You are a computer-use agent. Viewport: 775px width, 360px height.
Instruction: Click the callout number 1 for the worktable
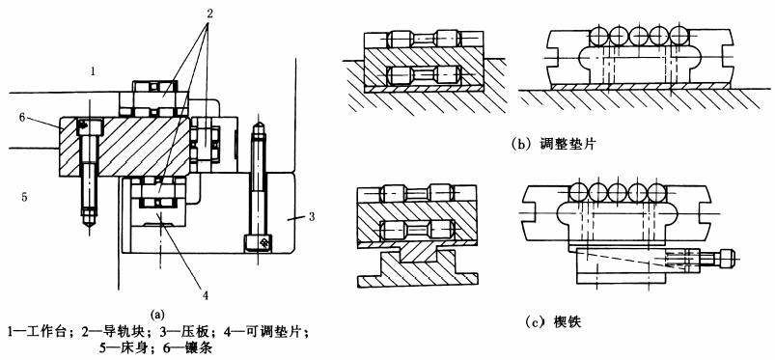pos(93,71)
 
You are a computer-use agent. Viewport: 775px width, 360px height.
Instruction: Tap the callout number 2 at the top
pos(209,14)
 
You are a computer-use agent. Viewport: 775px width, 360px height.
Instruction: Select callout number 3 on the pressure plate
pos(312,216)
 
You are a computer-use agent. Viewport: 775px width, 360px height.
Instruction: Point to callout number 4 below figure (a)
pos(206,295)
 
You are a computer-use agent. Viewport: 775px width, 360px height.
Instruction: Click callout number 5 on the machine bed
pos(24,198)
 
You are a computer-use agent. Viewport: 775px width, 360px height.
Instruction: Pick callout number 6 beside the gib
pos(22,117)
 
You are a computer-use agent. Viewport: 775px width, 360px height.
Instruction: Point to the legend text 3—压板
pos(169,331)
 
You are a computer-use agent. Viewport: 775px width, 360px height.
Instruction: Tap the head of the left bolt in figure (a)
pos(90,127)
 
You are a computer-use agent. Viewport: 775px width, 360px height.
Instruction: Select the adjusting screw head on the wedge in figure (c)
pos(725,257)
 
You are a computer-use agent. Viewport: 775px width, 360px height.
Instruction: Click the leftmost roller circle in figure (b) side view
pos(599,36)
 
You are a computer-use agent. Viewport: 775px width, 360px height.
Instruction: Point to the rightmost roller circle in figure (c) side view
pos(657,192)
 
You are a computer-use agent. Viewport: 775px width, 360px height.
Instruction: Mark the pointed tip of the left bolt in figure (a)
pos(89,227)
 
